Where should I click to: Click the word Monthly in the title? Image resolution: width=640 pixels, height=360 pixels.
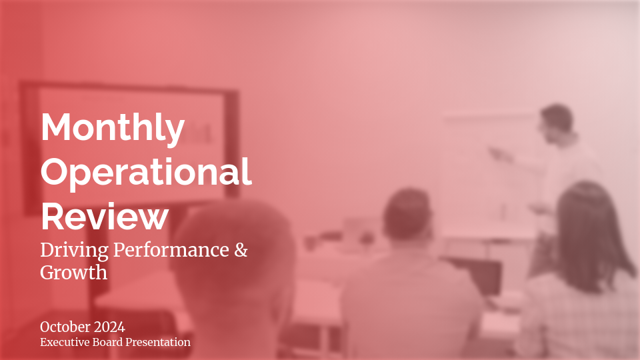113,129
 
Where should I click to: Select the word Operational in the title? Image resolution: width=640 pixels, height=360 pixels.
146,172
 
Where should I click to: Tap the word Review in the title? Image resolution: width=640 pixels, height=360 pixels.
105,216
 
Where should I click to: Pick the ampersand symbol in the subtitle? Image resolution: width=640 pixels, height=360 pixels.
241,251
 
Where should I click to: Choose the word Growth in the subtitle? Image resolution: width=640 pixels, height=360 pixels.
73,272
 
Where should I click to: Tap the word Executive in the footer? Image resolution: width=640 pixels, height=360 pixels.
67,342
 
